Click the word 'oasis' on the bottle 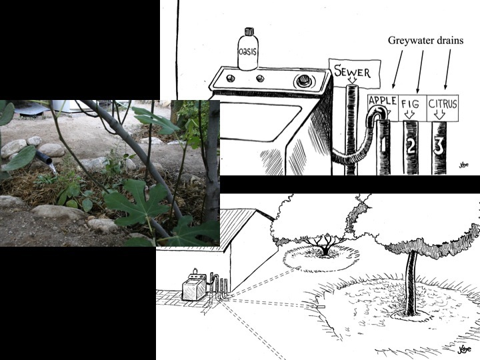pos(247,51)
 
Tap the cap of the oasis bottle pos(249,31)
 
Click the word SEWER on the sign pos(352,71)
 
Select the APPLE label pos(383,101)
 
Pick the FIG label pos(410,105)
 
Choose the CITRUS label pos(443,104)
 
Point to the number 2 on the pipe pos(411,146)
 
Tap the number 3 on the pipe pos(439,146)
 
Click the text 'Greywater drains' pos(425,41)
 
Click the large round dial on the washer pos(304,81)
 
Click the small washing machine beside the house pos(195,287)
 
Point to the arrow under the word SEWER pos(353,81)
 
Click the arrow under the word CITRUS pos(440,115)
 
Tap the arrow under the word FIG pos(409,115)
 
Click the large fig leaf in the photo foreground pos(138,202)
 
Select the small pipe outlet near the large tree pos(321,306)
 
